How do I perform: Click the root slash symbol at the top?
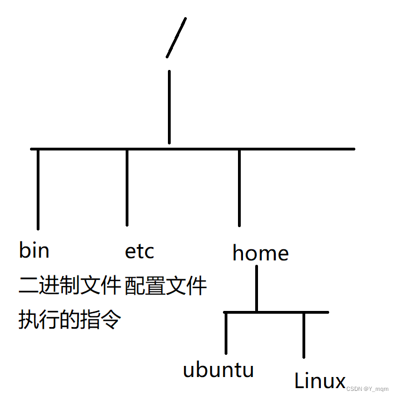point(176,37)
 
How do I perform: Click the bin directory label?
point(34,250)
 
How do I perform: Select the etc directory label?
point(140,252)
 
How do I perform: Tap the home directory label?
point(260,253)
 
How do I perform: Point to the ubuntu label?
point(219,369)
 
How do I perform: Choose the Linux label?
point(320,381)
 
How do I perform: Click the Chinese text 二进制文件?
point(70,285)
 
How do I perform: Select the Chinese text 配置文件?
point(166,286)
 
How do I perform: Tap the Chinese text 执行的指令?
point(70,320)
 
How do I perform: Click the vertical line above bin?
point(38,189)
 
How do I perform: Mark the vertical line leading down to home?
point(239,187)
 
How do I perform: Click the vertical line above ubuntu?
point(226,333)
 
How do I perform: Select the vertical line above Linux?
point(304,335)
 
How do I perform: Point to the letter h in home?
point(239,253)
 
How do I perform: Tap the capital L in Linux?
point(299,380)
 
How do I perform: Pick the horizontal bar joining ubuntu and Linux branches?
point(276,313)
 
